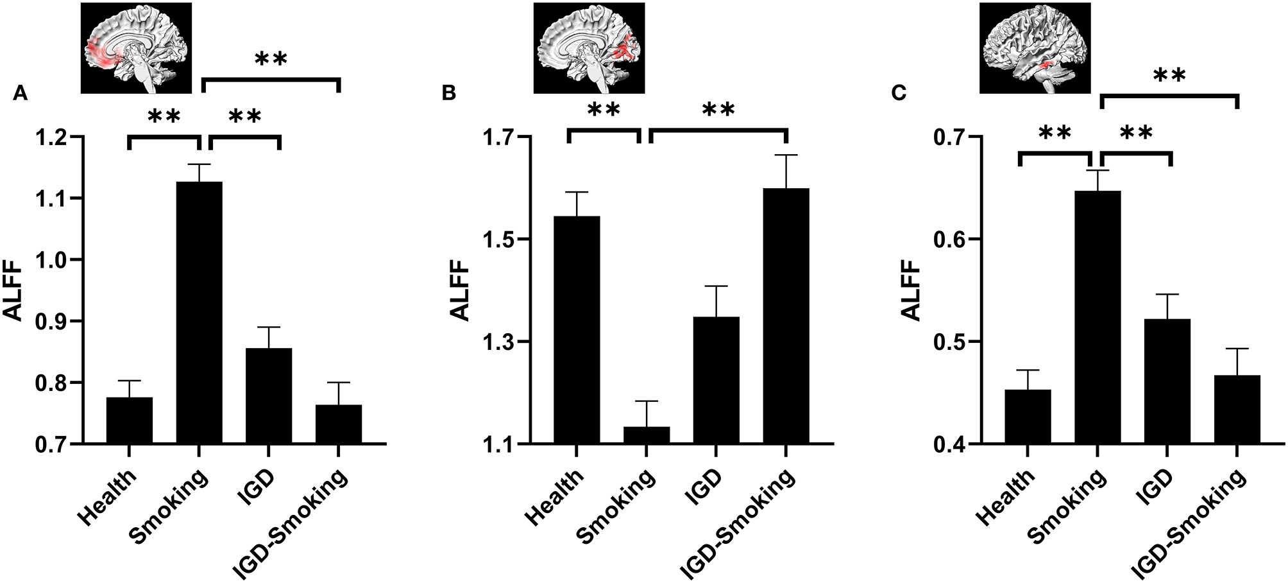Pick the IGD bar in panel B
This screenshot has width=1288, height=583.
tap(716, 379)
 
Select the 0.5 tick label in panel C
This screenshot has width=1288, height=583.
tap(951, 342)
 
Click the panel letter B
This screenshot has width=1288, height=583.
tap(450, 94)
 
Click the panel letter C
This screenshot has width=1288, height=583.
tap(900, 94)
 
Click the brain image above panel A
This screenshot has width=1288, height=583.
tap(137, 48)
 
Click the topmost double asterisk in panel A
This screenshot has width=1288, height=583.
tap(271, 60)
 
